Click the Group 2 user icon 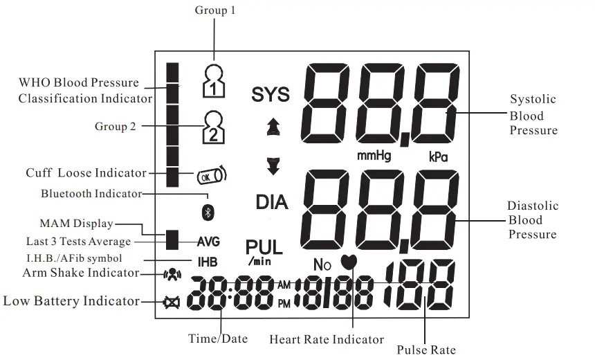tap(214, 127)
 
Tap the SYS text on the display tap(271, 94)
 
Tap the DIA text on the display tap(272, 202)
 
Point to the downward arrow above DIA tap(273, 166)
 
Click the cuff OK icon tap(211, 176)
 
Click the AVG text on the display tap(208, 242)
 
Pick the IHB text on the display tap(208, 262)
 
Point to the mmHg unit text tap(374, 156)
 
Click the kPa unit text tap(438, 157)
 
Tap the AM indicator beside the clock tap(284, 285)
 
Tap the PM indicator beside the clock tap(284, 302)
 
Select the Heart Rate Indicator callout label tap(327, 339)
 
